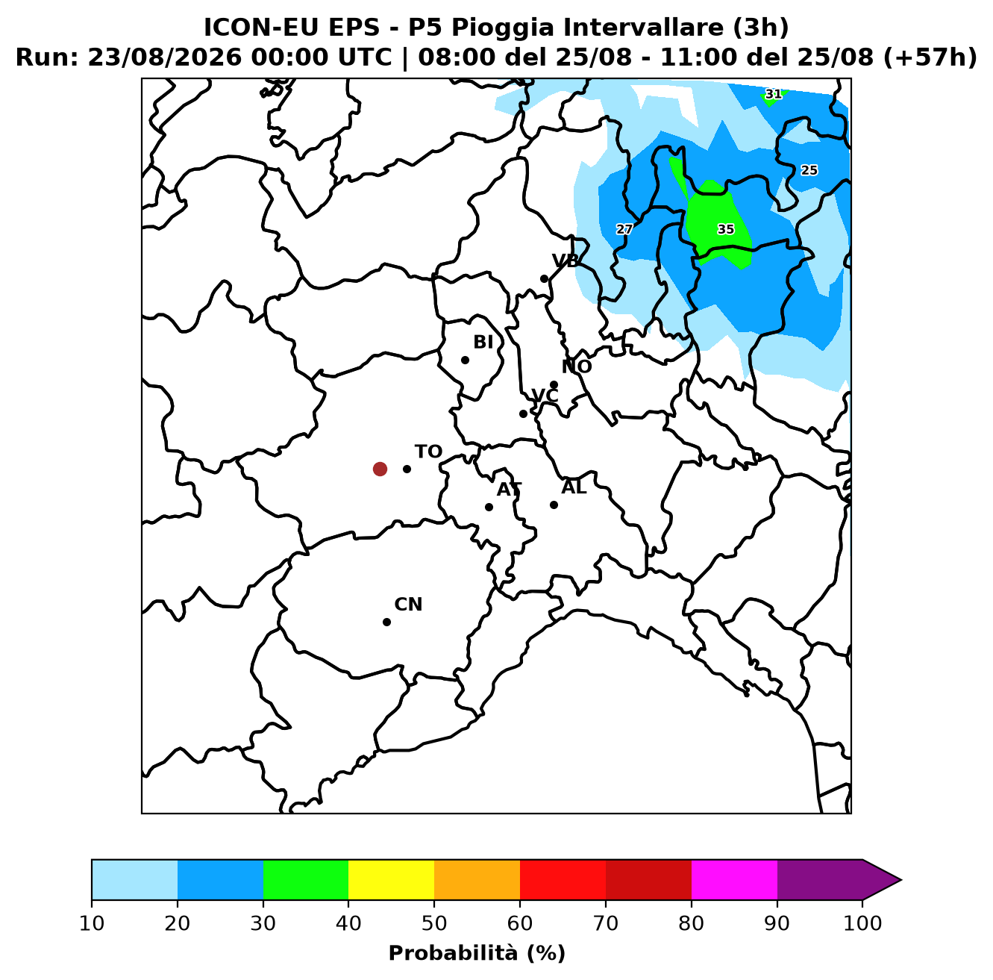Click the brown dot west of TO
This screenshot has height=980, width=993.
tap(380, 469)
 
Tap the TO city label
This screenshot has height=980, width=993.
tap(429, 452)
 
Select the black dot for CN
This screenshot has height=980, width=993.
tap(386, 622)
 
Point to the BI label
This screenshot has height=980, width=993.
tap(483, 342)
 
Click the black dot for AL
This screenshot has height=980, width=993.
tap(554, 505)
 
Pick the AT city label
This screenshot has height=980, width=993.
tap(509, 490)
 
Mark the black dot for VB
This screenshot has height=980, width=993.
tap(544, 279)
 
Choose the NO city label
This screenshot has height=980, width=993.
tap(577, 366)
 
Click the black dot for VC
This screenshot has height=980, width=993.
tap(523, 413)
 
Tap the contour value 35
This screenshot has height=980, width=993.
tap(726, 229)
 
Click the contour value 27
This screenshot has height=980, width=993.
tap(624, 229)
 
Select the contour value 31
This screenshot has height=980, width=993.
tap(773, 94)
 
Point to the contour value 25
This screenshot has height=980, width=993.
tap(809, 169)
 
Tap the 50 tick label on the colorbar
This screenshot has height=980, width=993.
tap(434, 923)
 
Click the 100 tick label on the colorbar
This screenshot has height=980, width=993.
tap(862, 923)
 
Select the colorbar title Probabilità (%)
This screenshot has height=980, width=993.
tap(477, 953)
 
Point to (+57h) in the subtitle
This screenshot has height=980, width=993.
tap(930, 57)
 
